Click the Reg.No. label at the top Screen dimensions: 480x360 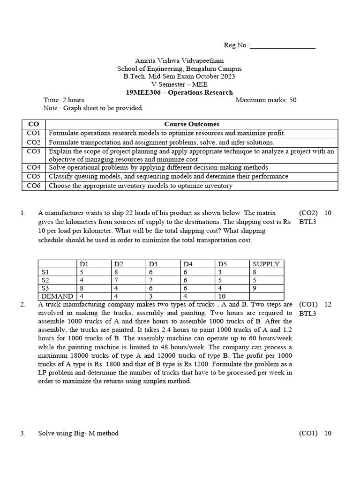coord(237,45)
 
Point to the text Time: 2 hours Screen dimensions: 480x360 coord(64,100)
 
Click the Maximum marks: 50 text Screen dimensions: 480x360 coord(266,100)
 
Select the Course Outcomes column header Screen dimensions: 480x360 coord(192,124)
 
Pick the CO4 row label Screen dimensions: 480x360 coord(34,167)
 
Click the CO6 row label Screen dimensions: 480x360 coord(34,186)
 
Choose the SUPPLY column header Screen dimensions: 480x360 coord(266,264)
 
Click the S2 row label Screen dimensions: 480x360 coord(45,280)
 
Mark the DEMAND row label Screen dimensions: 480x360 coord(57,296)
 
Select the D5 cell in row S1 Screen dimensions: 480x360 coord(220,272)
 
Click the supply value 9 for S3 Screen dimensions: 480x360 coord(255,288)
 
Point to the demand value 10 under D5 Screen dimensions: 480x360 coord(222,296)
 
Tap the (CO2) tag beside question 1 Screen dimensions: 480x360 coord(308,213)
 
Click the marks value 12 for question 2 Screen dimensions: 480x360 coord(328,304)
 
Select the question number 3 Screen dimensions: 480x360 coord(23,433)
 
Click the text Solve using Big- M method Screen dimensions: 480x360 coord(78,433)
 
